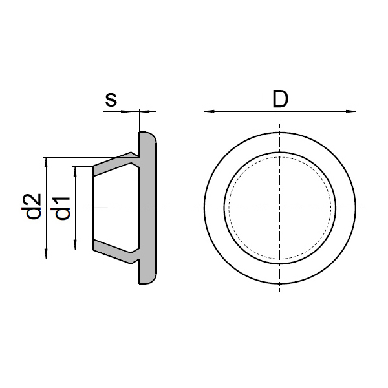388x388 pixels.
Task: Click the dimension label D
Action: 281,99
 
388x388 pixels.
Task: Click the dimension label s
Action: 111,100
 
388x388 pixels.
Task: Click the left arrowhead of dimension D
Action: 209,111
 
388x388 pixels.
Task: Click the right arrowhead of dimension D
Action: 351,111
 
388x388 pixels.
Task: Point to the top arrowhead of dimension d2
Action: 46,162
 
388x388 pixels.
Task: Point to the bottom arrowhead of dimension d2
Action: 46,253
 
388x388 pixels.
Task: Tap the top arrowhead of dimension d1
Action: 76,172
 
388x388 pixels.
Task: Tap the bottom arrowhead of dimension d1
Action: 76,244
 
